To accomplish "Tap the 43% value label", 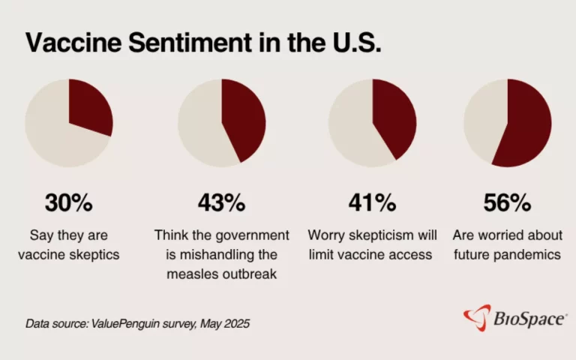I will pyautogui.click(x=221, y=202).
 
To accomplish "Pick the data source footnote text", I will pyautogui.click(x=137, y=324).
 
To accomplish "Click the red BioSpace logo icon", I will pyautogui.click(x=477, y=318).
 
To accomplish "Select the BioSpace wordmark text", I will pyautogui.click(x=529, y=319).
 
